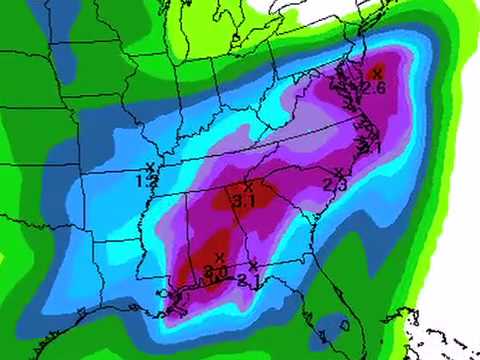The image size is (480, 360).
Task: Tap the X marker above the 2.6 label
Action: point(376,72)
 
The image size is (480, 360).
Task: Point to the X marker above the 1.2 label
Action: point(150,167)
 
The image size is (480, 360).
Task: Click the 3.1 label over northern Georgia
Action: point(243,201)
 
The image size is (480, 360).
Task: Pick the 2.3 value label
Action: point(335,185)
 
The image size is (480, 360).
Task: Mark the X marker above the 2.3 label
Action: point(339,172)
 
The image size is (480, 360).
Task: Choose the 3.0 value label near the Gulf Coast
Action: point(217,271)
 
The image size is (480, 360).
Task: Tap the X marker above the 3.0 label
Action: point(219,258)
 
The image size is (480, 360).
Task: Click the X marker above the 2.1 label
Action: point(254,265)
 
